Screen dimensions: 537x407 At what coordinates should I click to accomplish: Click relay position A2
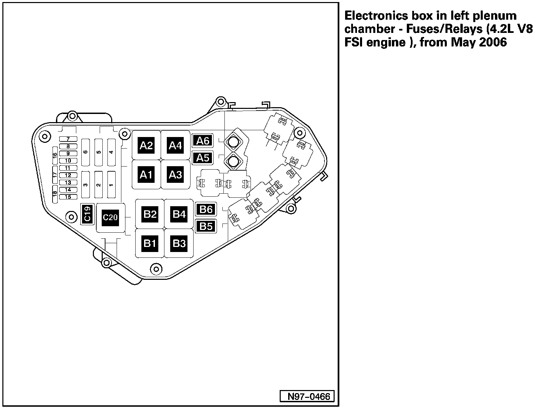coord(146,146)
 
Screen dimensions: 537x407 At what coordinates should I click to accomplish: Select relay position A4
coord(175,146)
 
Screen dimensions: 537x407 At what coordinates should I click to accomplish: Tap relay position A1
coord(146,175)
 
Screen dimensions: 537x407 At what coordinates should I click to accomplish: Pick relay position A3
coord(175,175)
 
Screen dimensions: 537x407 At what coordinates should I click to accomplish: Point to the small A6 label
coord(203,140)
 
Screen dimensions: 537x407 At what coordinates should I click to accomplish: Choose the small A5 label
coord(203,158)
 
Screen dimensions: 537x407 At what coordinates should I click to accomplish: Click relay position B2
coord(150,214)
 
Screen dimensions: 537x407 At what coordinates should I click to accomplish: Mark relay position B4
coord(179,214)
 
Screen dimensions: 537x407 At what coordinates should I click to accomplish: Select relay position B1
coord(150,243)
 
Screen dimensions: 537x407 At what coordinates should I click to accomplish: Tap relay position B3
coord(179,243)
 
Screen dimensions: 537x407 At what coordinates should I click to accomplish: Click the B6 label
coord(206,209)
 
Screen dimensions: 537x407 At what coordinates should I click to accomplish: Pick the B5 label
coord(206,226)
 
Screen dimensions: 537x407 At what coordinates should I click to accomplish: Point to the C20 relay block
coord(110,217)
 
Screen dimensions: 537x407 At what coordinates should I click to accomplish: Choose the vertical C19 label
coord(87,214)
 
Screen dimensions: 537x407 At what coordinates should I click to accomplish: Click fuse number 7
coord(68,139)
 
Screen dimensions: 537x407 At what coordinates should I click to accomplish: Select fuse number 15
coord(68,197)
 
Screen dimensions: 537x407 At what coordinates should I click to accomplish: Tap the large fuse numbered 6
coord(86,152)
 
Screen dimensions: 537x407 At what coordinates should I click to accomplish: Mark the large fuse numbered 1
coord(112,185)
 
